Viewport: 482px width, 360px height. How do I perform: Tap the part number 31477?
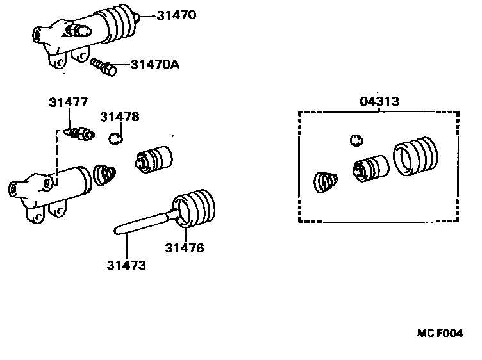pos(69,102)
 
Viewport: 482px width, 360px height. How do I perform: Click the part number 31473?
pos(126,265)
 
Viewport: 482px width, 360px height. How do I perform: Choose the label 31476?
pos(185,248)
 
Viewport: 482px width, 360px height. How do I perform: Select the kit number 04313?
pos(379,101)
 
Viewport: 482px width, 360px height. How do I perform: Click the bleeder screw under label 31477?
pos(80,134)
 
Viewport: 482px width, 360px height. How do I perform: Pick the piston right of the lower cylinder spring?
pos(155,158)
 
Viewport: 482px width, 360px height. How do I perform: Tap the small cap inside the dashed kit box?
pos(356,140)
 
